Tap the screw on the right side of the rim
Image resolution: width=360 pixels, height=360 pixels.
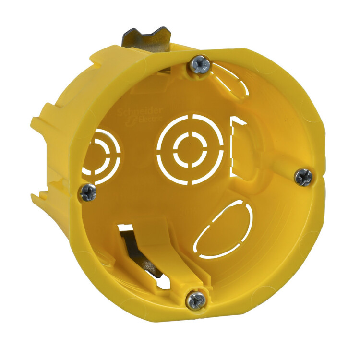tap(303, 177)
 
